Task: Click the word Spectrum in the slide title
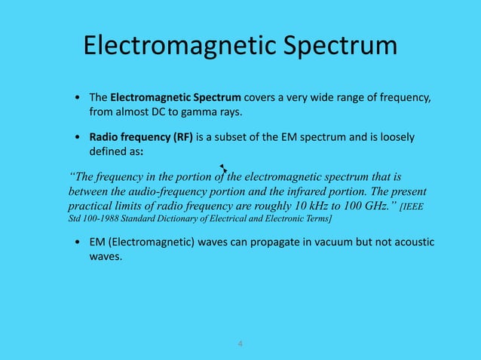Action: [339, 46]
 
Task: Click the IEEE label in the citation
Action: [418, 206]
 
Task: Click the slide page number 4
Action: [240, 344]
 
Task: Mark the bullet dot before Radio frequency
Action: [78, 139]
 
